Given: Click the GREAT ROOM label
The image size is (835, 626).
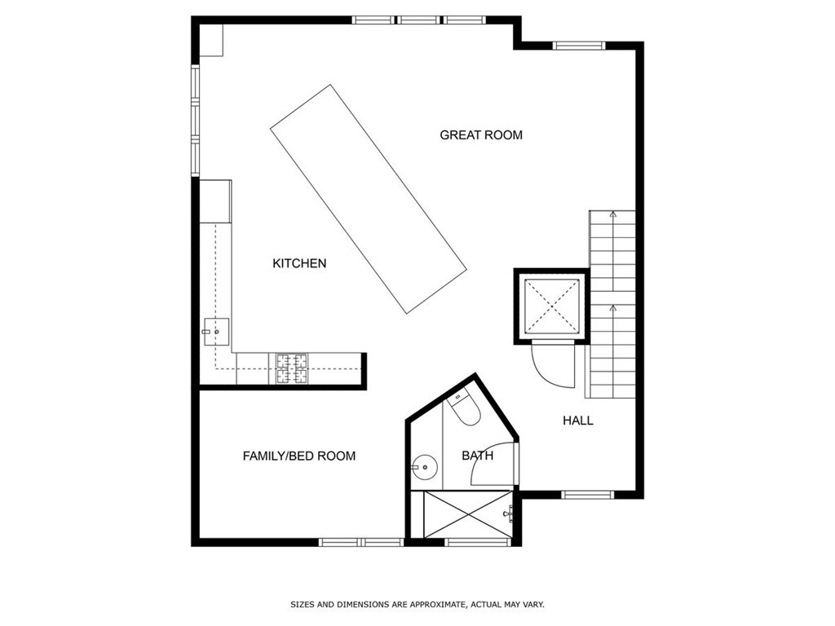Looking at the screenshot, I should pyautogui.click(x=481, y=134).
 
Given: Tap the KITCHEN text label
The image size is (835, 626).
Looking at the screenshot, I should pyautogui.click(x=299, y=263).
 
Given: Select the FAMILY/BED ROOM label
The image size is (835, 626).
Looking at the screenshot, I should pyautogui.click(x=299, y=456).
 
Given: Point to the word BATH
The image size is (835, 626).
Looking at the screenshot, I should pyautogui.click(x=477, y=456).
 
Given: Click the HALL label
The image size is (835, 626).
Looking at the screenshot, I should pyautogui.click(x=578, y=421).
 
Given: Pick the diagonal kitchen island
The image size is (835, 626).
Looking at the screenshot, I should pyautogui.click(x=369, y=199).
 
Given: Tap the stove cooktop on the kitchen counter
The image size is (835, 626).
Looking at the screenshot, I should pyautogui.click(x=292, y=368).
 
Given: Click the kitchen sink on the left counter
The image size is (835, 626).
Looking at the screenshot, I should pyautogui.click(x=217, y=330).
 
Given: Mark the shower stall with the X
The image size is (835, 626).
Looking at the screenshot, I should pyautogui.click(x=461, y=514).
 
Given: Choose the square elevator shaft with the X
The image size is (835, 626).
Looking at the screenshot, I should pyautogui.click(x=551, y=306).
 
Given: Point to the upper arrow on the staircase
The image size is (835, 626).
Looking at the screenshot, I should pyautogui.click(x=612, y=214).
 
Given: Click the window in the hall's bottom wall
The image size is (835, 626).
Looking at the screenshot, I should pyautogui.click(x=588, y=494).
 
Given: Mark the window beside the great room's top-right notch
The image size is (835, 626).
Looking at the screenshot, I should pyautogui.click(x=580, y=45).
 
